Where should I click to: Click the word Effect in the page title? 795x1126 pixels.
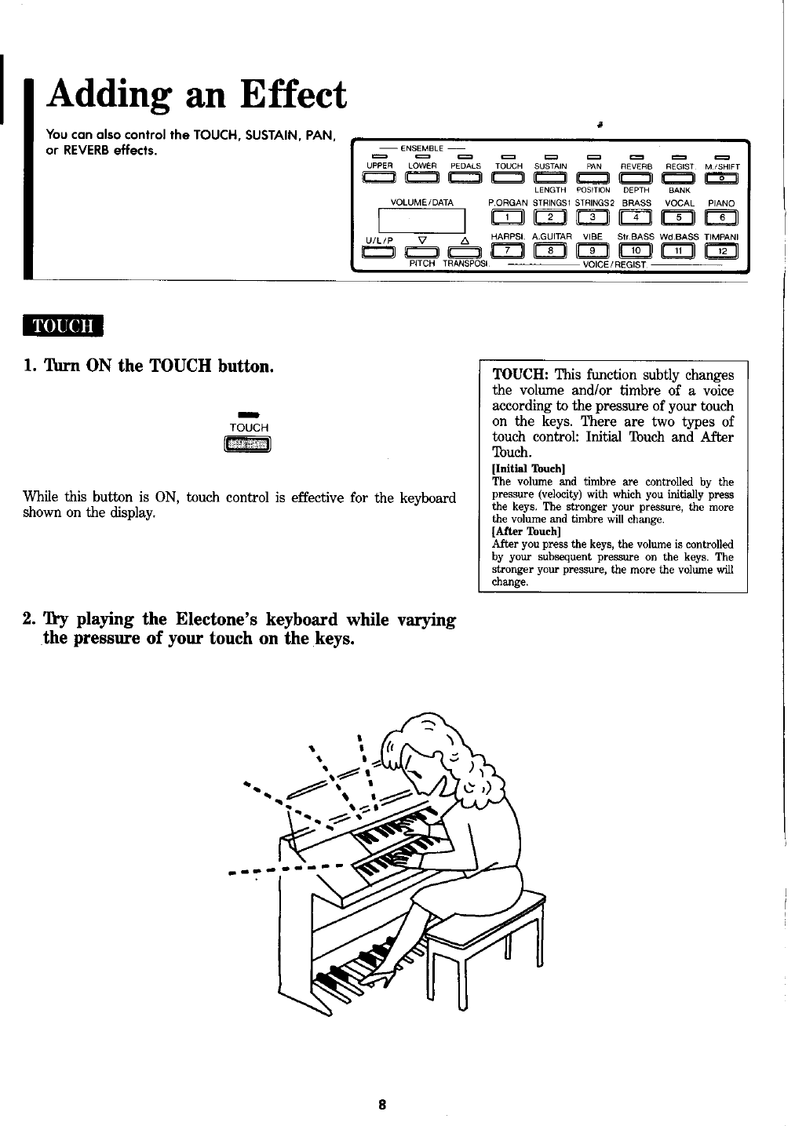pos(284,96)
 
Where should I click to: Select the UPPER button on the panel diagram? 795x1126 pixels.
pos(379,180)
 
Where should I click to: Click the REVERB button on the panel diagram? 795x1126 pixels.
pos(636,180)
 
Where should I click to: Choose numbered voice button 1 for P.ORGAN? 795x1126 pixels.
pos(508,218)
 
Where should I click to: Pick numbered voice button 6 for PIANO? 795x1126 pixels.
pos(720,218)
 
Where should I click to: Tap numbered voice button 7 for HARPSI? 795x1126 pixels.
pos(508,250)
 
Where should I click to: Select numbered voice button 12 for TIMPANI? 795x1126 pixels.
pos(720,250)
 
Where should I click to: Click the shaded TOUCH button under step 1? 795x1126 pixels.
pos(248,446)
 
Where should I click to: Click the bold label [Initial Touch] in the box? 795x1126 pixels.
pos(523,469)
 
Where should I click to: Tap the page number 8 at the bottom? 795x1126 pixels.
pos(381,1105)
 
